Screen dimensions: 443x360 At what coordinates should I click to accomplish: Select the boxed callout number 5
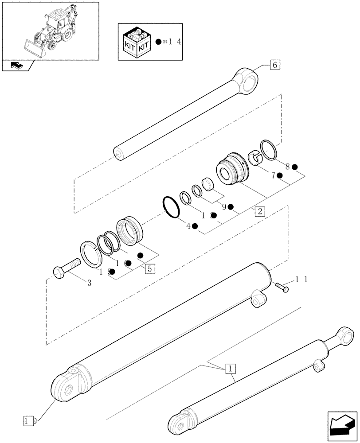click(149, 268)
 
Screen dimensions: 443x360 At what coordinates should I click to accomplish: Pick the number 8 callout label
click(288, 167)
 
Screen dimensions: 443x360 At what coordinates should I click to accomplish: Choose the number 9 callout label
click(224, 206)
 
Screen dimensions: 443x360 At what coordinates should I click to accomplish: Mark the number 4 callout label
click(188, 226)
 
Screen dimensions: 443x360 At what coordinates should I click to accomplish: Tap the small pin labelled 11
click(281, 288)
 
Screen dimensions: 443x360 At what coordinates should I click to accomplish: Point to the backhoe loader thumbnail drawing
click(50, 31)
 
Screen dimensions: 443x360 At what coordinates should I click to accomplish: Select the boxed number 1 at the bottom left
click(28, 419)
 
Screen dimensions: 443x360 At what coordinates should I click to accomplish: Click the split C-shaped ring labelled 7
click(255, 159)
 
